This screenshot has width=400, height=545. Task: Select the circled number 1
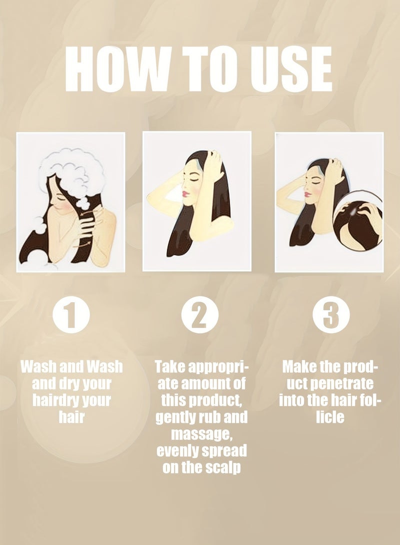[x=71, y=315]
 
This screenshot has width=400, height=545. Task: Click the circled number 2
[x=200, y=315]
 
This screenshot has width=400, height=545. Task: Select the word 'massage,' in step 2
[x=200, y=434]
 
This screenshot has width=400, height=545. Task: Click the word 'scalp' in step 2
[x=222, y=468]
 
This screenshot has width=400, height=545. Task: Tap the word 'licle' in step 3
[x=330, y=417]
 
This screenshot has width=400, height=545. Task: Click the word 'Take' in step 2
[x=168, y=367]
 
